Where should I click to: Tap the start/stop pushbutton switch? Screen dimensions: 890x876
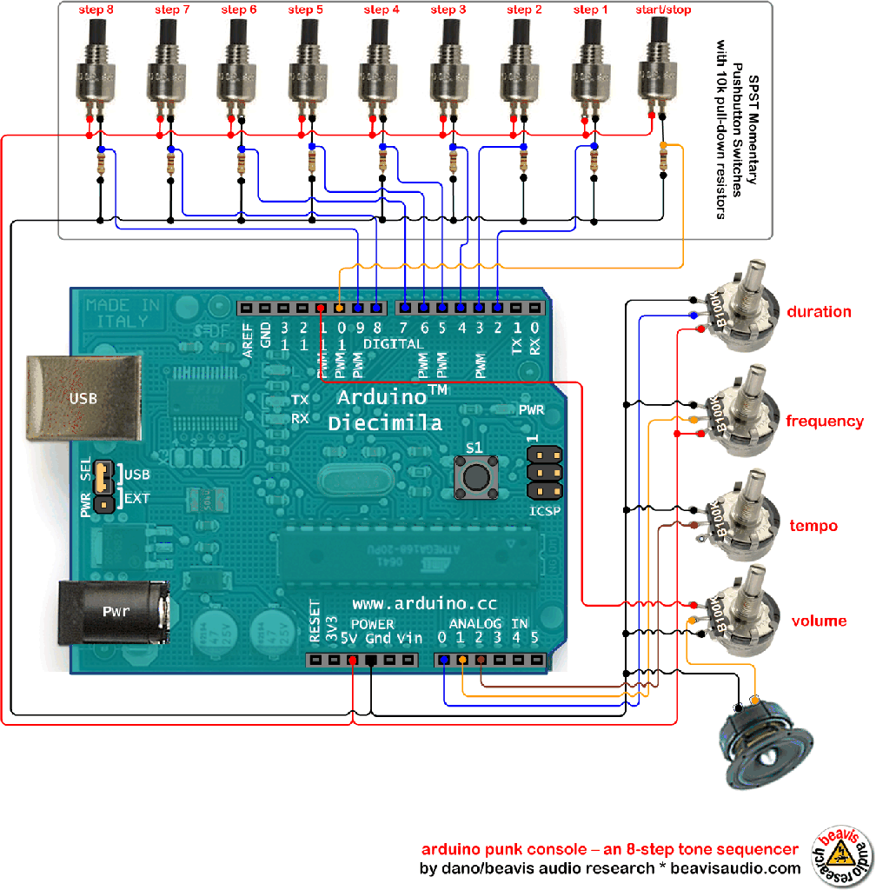coord(663,65)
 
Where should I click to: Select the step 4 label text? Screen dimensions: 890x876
coord(382,10)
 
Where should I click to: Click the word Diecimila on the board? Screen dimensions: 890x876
coord(385,423)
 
